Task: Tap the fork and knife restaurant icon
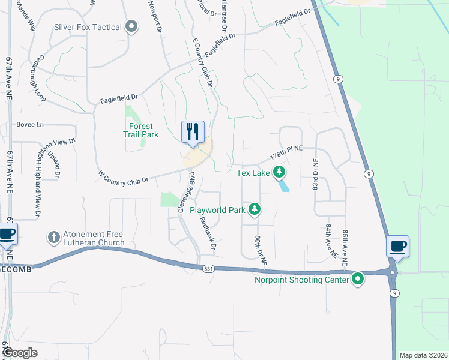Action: pos(193,131)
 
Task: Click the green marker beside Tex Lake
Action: pos(279,173)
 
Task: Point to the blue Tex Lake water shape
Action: pos(283,185)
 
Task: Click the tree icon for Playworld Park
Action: pos(255,209)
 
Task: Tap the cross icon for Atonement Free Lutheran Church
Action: pos(54,236)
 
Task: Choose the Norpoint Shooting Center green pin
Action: pos(358,279)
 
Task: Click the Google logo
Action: pos(20,353)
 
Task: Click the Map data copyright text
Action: pos(422,355)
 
